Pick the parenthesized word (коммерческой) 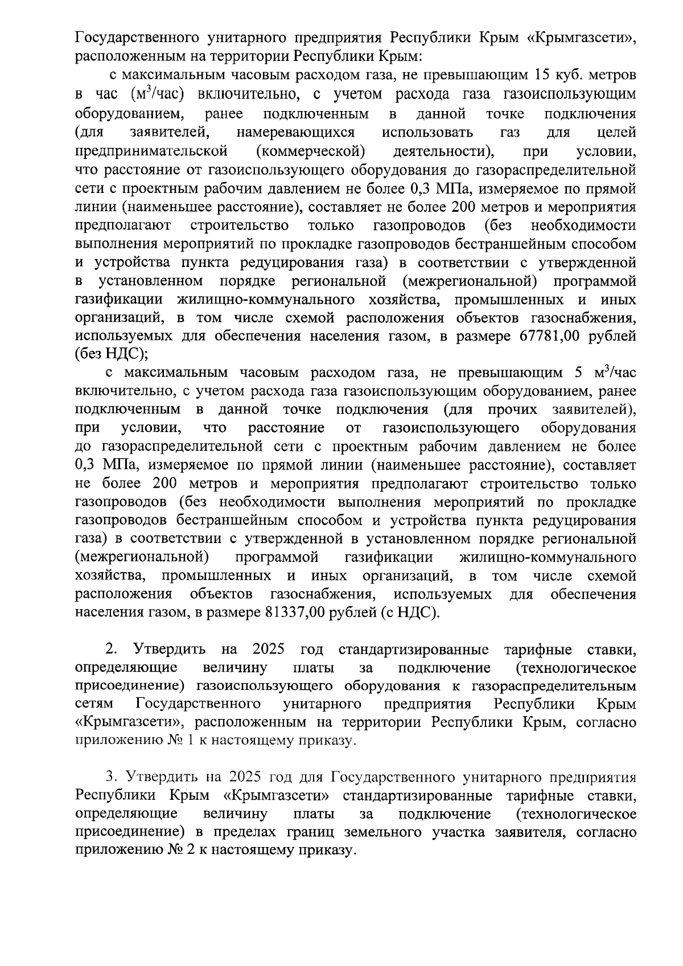click(311, 151)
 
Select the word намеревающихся click(295, 133)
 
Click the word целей click(617, 133)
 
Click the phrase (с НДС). click(411, 613)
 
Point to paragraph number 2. click(111, 650)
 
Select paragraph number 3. click(111, 777)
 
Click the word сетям click(94, 705)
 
